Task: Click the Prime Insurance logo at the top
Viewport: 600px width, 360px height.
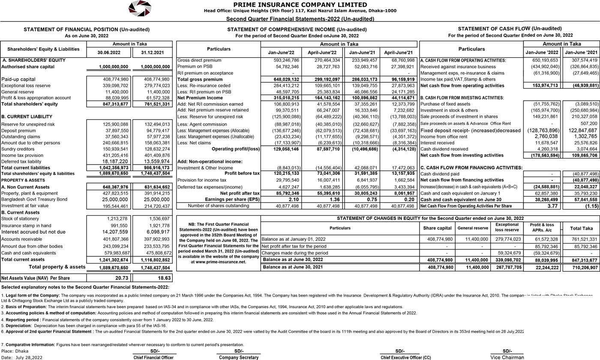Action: pyautogui.click(x=140, y=9)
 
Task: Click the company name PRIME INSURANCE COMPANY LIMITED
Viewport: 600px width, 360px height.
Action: pyautogui.click(x=300, y=5)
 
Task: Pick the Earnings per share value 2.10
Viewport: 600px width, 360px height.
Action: pyautogui.click(x=294, y=200)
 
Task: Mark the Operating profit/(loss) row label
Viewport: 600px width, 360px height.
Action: pyautogui.click(x=236, y=149)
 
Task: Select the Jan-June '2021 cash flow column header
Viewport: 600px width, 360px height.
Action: pyautogui.click(x=581, y=52)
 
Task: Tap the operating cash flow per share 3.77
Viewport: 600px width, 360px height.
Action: pyautogui.click(x=552, y=206)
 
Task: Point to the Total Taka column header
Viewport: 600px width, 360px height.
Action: pyautogui.click(x=581, y=228)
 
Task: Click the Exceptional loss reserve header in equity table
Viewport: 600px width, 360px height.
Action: pyautogui.click(x=507, y=227)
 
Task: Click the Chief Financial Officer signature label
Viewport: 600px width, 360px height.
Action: pyautogui.click(x=153, y=357)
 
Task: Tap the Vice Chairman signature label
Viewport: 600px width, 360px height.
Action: pyautogui.click(x=507, y=357)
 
